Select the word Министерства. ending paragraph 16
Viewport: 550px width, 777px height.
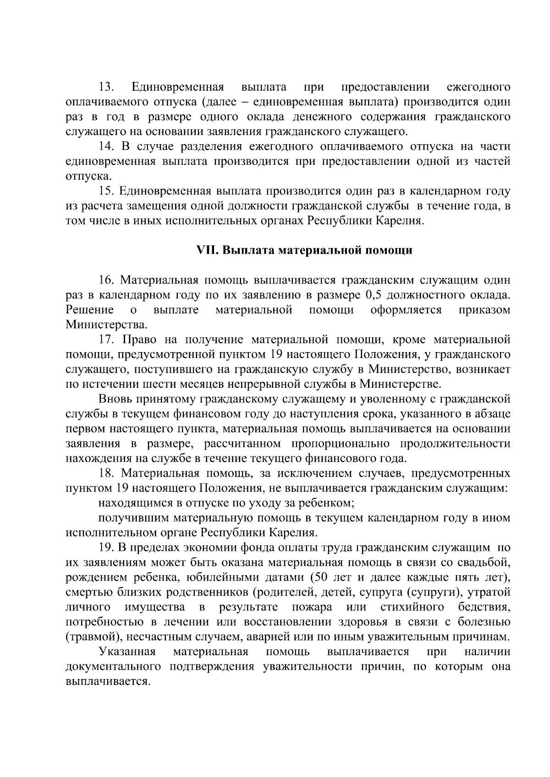tap(107, 325)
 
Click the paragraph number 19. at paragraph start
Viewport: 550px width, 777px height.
tap(107, 548)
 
